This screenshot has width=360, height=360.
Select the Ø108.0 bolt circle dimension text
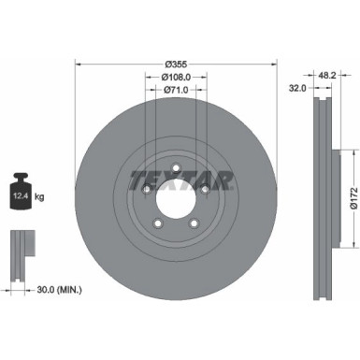point(176,78)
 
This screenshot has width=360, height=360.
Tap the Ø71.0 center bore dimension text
point(176,91)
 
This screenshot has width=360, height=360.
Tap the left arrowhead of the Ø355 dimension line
point(78,65)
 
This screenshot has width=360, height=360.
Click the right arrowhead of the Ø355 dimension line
point(276,65)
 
